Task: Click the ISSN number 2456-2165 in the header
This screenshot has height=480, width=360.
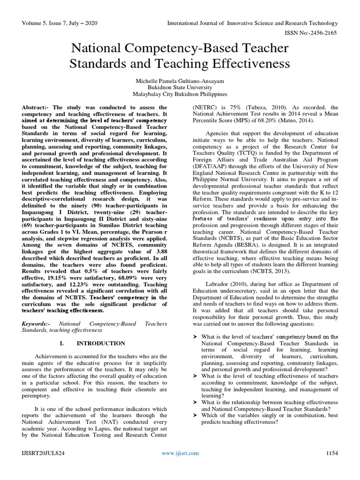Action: (x=324, y=34)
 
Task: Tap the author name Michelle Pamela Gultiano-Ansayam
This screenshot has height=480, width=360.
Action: (x=180, y=79)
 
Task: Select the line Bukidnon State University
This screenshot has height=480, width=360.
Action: (x=180, y=87)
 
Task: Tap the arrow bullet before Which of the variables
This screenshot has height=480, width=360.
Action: (x=196, y=414)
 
